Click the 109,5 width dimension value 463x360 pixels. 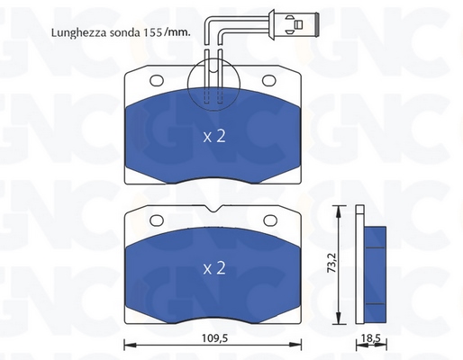pos(214,338)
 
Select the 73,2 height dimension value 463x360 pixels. pos(331,263)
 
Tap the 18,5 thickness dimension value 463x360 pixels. pos(370,338)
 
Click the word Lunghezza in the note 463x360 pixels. pos(79,33)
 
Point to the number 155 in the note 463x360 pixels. pos(152,32)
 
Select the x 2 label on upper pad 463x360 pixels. pos(214,137)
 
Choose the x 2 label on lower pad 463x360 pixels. pos(214,268)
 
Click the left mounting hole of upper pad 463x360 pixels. pos(157,81)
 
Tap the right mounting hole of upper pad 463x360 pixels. pos(269,80)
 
